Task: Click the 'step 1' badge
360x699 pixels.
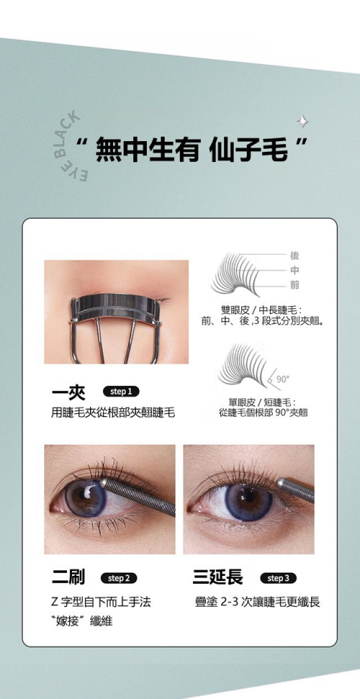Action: pyautogui.click(x=121, y=392)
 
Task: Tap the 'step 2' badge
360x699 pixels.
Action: pyautogui.click(x=119, y=578)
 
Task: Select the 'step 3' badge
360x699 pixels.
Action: pyautogui.click(x=278, y=578)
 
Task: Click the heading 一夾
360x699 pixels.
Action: pyautogui.click(x=68, y=392)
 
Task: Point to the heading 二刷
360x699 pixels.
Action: pyautogui.click(x=68, y=578)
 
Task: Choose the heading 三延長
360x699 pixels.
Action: pyautogui.click(x=217, y=578)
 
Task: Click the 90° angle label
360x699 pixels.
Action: pyautogui.click(x=283, y=379)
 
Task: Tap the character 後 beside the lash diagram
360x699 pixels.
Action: pyautogui.click(x=294, y=256)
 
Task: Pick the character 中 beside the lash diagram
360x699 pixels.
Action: pyautogui.click(x=294, y=270)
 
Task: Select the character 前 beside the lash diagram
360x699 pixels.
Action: pyautogui.click(x=294, y=284)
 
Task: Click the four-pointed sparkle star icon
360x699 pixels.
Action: pyautogui.click(x=302, y=121)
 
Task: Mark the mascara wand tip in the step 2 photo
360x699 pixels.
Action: pyautogui.click(x=104, y=483)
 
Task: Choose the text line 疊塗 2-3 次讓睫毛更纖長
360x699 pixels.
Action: pyautogui.click(x=258, y=603)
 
